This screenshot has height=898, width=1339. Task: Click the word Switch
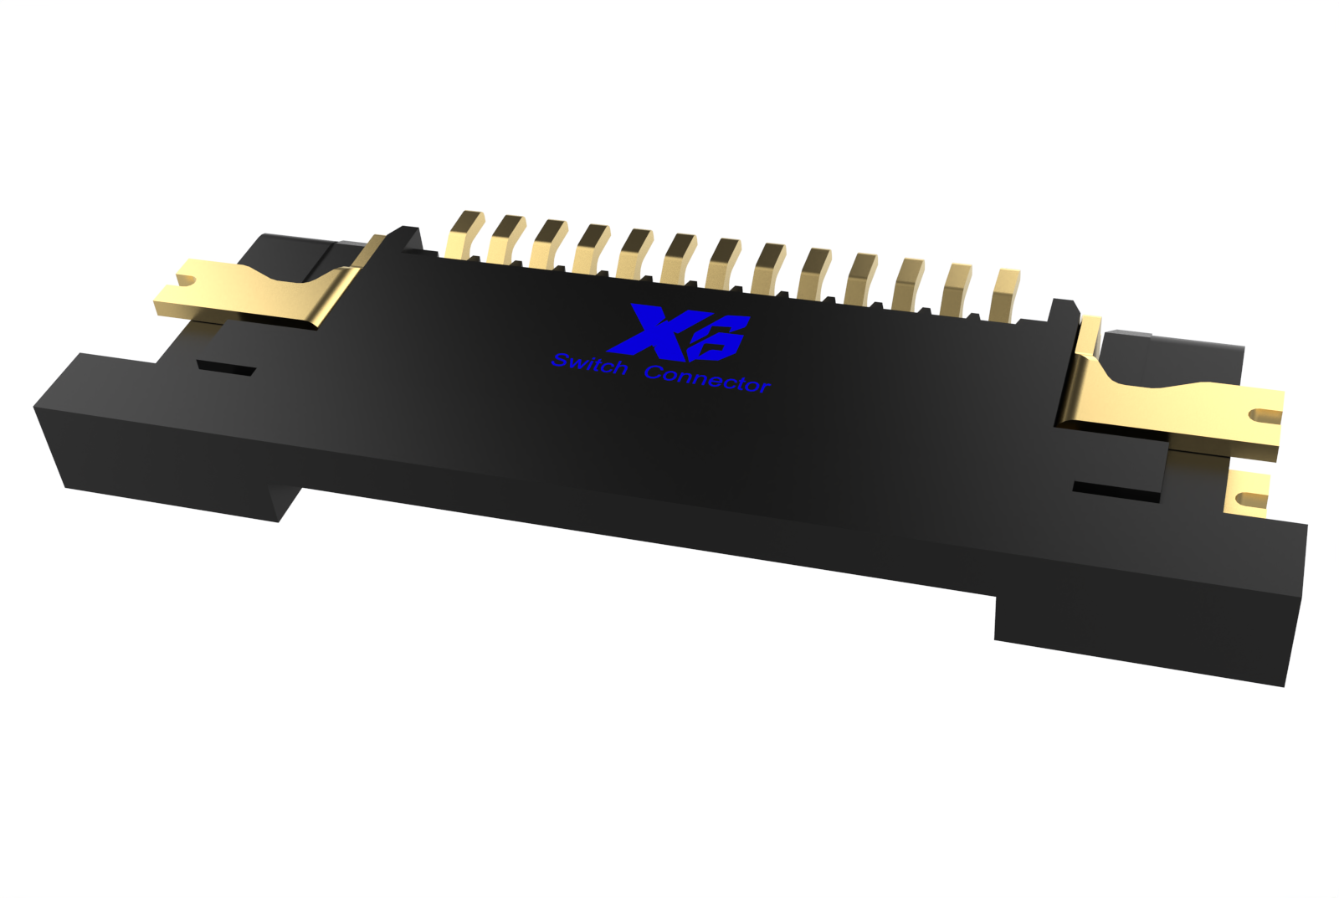(x=590, y=365)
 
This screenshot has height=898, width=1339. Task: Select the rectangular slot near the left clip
(x=225, y=367)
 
